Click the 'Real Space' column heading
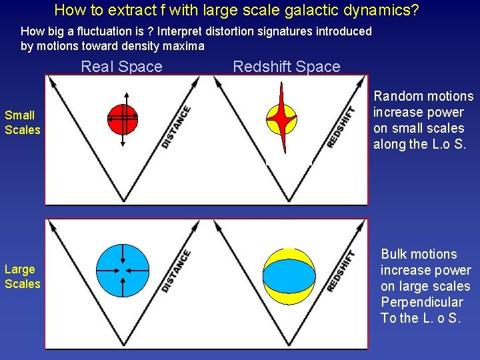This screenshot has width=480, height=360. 121,67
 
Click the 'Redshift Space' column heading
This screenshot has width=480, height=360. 286,67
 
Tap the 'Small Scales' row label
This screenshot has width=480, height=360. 22,123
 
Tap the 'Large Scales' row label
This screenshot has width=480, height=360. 22,277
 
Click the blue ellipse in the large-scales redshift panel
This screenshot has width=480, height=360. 289,275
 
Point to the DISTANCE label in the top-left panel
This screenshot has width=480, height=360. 176,127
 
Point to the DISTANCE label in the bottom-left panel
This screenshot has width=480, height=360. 176,271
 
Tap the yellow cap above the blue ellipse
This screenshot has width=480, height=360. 289,254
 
